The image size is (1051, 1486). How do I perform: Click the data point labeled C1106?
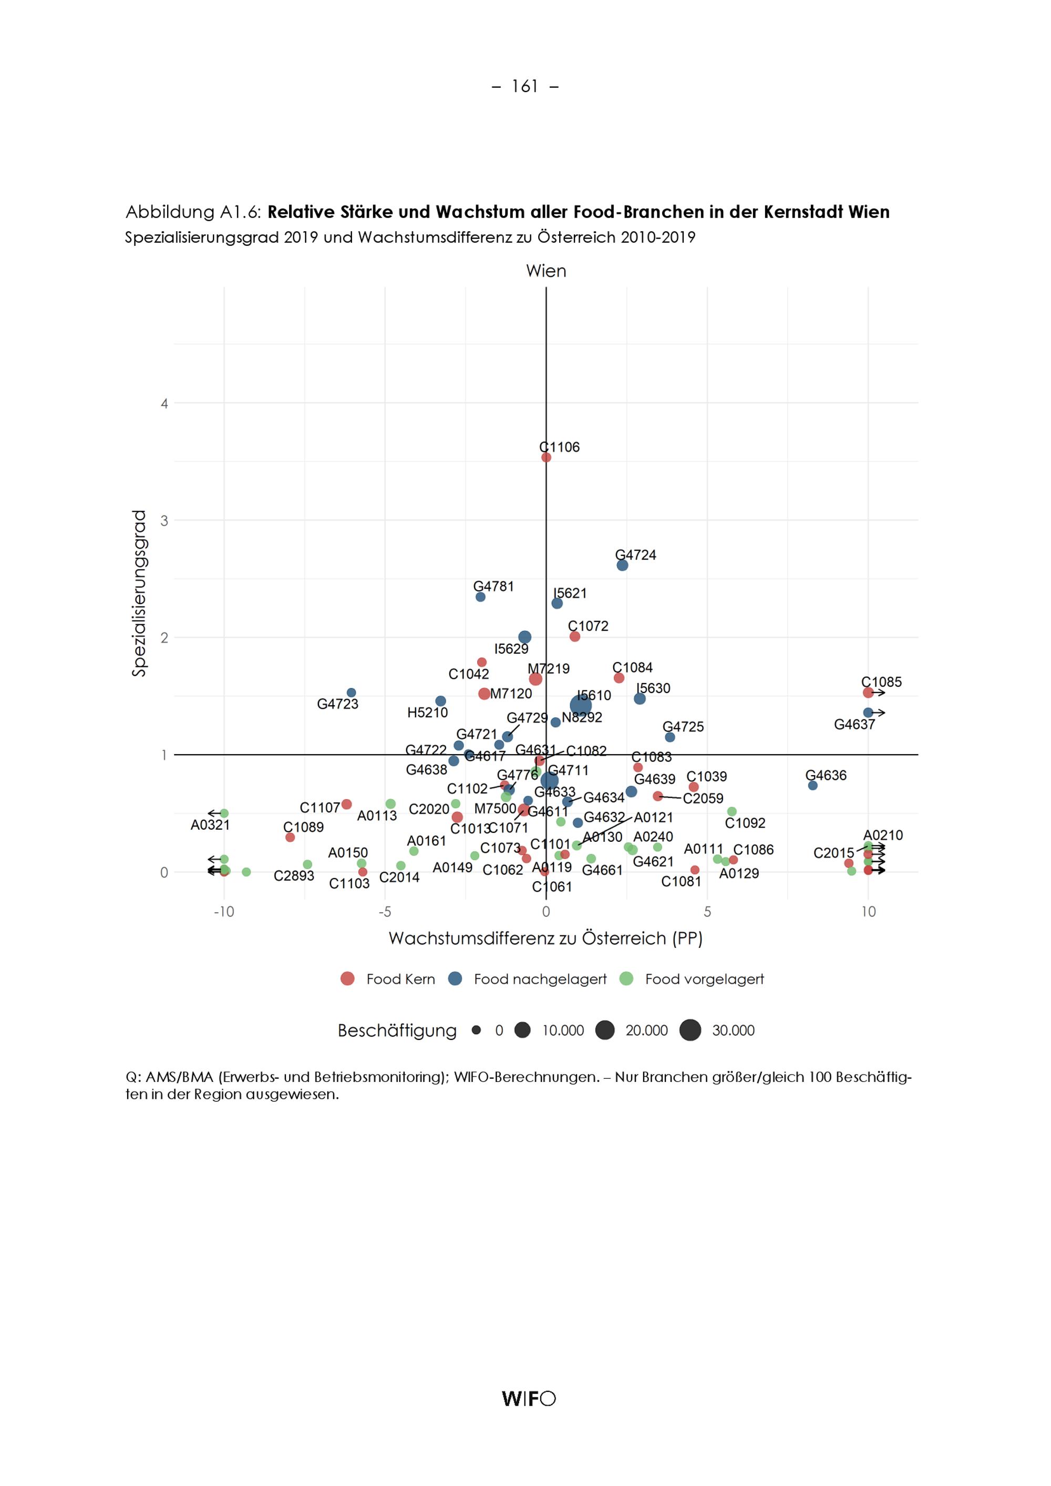(x=546, y=457)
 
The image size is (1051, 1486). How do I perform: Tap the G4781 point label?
(x=494, y=586)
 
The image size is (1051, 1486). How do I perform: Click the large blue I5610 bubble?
(x=581, y=706)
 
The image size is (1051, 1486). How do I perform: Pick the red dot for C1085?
(x=868, y=693)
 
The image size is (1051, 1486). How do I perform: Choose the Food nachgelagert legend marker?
(x=456, y=979)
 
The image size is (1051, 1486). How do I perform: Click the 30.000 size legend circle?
(x=691, y=1030)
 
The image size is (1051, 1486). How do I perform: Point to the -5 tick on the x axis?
(x=385, y=912)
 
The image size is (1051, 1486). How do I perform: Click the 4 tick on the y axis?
(x=164, y=403)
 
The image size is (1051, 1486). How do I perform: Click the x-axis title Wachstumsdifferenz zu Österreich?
(x=545, y=938)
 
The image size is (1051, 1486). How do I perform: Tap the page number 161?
(x=525, y=86)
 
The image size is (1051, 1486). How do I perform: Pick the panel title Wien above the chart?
(x=546, y=271)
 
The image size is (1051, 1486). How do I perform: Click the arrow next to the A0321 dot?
(x=213, y=813)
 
